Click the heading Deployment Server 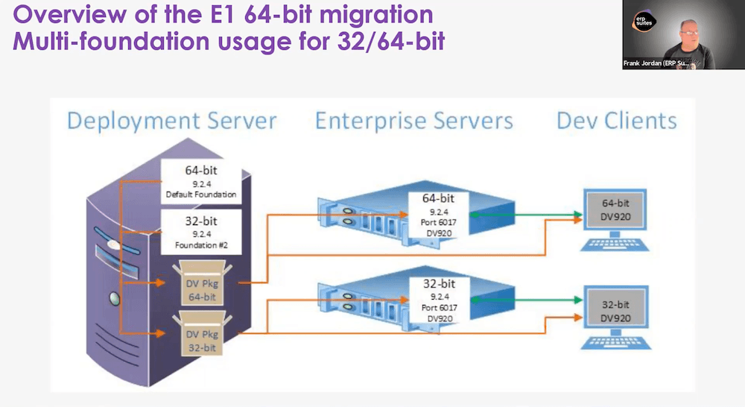pyautogui.click(x=172, y=121)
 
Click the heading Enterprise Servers pyautogui.click(x=414, y=121)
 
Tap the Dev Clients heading pyautogui.click(x=617, y=121)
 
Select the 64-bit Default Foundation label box pyautogui.click(x=201, y=182)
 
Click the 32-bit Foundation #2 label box pyautogui.click(x=201, y=232)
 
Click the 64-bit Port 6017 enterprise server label pyautogui.click(x=439, y=215)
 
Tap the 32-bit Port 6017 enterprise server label pyautogui.click(x=439, y=299)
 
